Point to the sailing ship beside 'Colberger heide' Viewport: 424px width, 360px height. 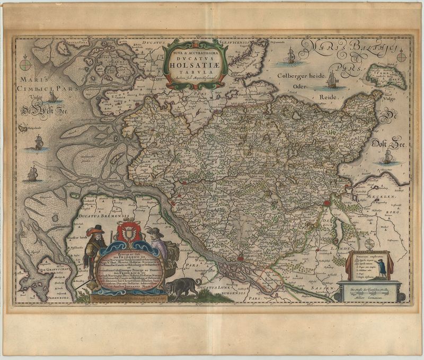point(332,79)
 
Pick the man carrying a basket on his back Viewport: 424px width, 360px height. point(159,246)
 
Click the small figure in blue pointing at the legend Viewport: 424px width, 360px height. point(387,267)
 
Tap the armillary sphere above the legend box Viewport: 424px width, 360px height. point(370,245)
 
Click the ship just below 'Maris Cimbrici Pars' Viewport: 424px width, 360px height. point(52,96)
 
